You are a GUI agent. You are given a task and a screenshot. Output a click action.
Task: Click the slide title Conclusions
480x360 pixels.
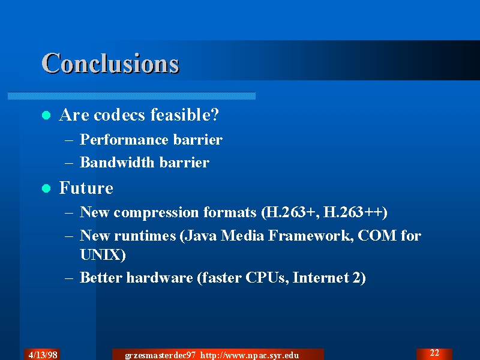(x=110, y=64)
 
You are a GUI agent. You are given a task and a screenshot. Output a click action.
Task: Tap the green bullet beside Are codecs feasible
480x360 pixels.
(x=46, y=115)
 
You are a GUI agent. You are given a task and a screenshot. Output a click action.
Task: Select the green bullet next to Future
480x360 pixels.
(x=46, y=188)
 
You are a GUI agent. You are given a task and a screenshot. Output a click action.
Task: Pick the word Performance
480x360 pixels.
(x=124, y=140)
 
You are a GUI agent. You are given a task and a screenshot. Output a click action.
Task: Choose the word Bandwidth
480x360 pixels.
(x=117, y=162)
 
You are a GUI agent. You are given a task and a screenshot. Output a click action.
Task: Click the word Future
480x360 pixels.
(x=86, y=188)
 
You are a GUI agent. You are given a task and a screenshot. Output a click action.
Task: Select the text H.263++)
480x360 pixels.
(x=355, y=212)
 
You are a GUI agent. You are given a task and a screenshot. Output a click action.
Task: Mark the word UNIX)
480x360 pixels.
(x=103, y=254)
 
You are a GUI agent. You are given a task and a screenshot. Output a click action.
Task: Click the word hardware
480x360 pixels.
(x=160, y=278)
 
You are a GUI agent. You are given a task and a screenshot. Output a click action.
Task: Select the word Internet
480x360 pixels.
(x=321, y=278)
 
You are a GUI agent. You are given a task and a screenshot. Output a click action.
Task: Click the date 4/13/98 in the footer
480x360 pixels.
(x=43, y=355)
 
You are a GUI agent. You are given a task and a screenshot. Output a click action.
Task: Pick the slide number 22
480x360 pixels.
(x=434, y=353)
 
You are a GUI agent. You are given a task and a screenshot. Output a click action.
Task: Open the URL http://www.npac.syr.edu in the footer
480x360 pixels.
(x=250, y=355)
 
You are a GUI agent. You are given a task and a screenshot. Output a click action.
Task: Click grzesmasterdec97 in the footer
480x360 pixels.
(x=160, y=355)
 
